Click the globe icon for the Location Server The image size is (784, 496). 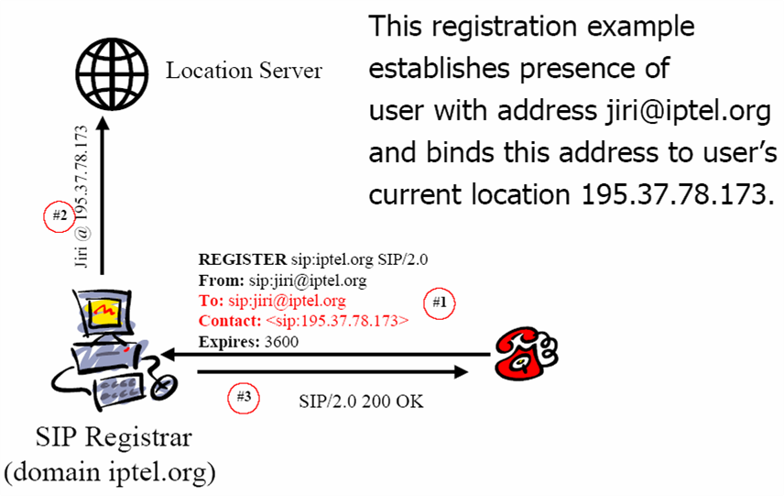coord(112,74)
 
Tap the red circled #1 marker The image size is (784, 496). coord(439,303)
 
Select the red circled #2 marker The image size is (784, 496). coord(60,215)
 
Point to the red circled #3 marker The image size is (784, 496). coord(244,397)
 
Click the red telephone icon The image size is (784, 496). coord(526,353)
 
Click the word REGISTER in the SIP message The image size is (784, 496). coord(243,259)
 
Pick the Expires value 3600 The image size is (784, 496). coord(281,342)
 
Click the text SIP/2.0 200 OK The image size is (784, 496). coord(361,402)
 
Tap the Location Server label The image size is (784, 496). coord(244,71)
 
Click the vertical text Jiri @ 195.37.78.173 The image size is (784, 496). coord(81,196)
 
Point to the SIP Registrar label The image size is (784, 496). coord(114,437)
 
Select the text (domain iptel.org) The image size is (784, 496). coord(110,472)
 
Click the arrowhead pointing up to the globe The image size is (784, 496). coord(103,124)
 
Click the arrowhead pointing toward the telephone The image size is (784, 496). coord(461,372)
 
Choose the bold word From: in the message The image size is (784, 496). coord(222,281)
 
